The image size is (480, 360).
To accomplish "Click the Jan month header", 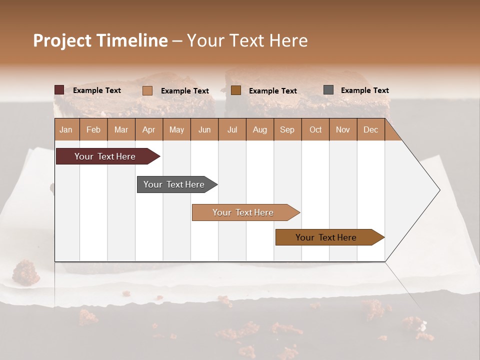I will click(x=66, y=129).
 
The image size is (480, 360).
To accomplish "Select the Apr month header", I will click(x=149, y=129).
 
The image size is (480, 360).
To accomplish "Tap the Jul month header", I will click(x=232, y=129).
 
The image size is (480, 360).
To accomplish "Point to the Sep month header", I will click(x=287, y=129).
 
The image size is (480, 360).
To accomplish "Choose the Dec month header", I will click(x=370, y=129).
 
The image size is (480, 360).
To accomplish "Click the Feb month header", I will click(x=93, y=129).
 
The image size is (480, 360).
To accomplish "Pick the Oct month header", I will click(x=315, y=129).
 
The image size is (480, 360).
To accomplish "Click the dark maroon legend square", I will click(x=59, y=90).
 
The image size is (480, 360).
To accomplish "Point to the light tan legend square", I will click(x=147, y=90).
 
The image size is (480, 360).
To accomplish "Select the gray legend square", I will click(x=328, y=90).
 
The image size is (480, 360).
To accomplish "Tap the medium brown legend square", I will click(x=236, y=90).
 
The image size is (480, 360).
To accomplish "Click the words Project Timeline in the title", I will click(x=100, y=40).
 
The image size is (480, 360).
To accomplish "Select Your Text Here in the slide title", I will click(x=247, y=40).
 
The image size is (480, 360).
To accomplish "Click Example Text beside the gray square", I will click(x=364, y=90).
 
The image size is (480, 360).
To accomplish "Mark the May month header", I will click(x=176, y=129).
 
